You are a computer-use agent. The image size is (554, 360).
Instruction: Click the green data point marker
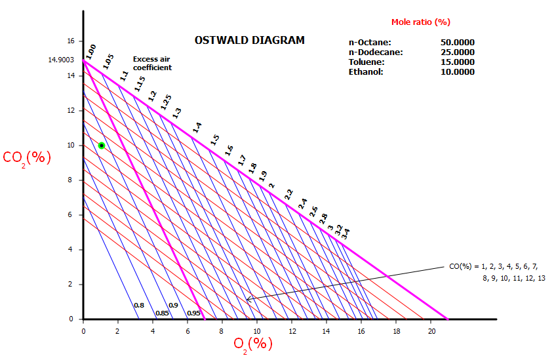tap(102, 145)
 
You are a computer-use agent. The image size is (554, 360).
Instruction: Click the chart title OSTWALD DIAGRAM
tap(249, 40)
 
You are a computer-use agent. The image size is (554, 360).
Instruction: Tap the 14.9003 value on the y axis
tap(61, 60)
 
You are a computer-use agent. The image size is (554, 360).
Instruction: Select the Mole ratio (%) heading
tap(420, 22)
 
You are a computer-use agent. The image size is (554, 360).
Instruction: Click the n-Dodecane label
tap(376, 52)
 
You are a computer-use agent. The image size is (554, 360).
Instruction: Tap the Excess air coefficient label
tap(152, 63)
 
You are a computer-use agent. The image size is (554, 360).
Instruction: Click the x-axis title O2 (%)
tap(252, 343)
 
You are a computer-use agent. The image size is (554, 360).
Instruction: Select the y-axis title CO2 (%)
tap(27, 158)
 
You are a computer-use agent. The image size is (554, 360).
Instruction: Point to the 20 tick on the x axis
tap(431, 331)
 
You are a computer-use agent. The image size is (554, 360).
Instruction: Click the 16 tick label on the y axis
tap(71, 41)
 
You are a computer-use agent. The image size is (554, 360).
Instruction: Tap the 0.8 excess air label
tap(139, 306)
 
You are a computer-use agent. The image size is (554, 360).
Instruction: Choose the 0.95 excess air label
tap(193, 313)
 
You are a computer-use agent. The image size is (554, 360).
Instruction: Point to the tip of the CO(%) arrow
tap(247, 300)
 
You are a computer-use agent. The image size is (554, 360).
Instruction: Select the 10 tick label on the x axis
tap(257, 331)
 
